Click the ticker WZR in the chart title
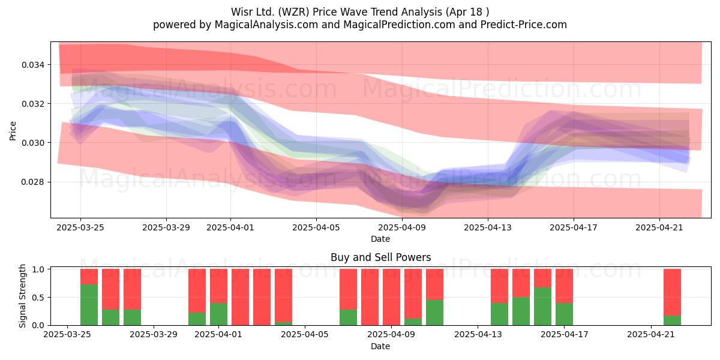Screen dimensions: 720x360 [x=294, y=12]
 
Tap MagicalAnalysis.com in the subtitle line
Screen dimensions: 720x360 [x=266, y=25]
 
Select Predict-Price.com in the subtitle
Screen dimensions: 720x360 [x=524, y=25]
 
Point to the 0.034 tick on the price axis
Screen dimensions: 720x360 [x=33, y=65]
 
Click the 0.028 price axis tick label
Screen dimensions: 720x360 [x=33, y=182]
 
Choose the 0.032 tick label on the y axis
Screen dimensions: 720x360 [x=33, y=104]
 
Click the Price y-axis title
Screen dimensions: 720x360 [x=13, y=131]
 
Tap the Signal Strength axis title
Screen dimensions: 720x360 [x=22, y=296]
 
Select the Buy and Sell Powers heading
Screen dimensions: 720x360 [x=380, y=257]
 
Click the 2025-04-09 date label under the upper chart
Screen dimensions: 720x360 [x=402, y=227]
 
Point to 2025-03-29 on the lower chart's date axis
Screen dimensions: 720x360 [x=154, y=334]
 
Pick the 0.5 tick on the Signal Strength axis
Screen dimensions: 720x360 [x=39, y=298]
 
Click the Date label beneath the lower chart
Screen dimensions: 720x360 [x=380, y=346]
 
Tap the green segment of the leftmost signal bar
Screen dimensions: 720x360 [x=89, y=305]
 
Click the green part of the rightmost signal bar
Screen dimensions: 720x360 [x=672, y=320]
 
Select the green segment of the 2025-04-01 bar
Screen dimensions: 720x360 [x=218, y=314]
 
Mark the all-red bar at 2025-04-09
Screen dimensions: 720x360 [x=391, y=297]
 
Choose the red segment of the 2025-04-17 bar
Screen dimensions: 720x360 [x=564, y=286]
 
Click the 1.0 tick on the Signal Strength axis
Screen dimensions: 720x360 [x=39, y=269]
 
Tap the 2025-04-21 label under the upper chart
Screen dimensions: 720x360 [x=659, y=227]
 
